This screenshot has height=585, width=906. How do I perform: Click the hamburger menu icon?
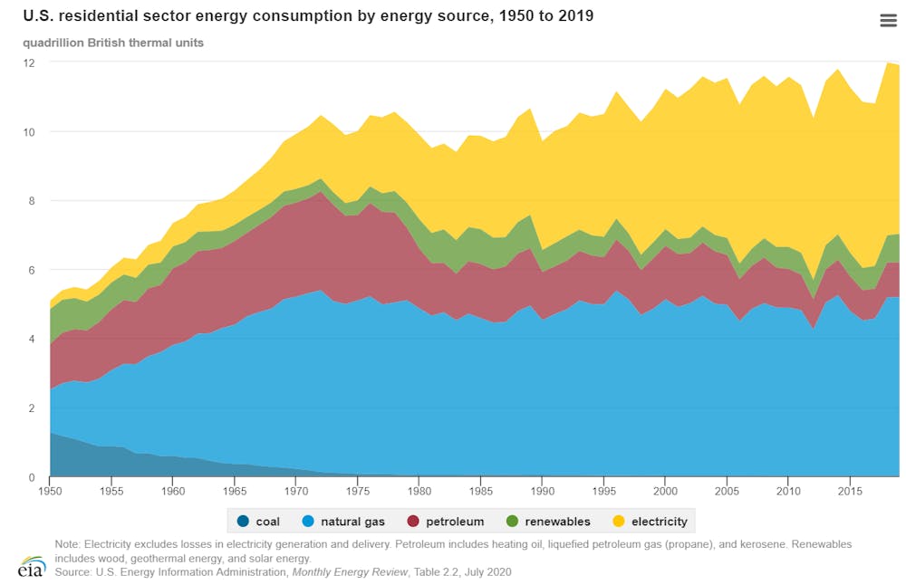click(888, 21)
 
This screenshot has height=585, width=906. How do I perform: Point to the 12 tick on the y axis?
click(29, 62)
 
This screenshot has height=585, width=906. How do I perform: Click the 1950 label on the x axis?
click(50, 492)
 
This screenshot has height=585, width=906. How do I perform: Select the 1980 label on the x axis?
click(419, 492)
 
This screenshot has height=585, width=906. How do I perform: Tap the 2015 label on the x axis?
click(850, 492)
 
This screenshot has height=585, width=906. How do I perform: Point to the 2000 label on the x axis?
click(665, 492)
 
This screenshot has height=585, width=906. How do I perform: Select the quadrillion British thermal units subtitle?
click(113, 43)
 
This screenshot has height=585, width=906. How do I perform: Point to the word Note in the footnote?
click(67, 544)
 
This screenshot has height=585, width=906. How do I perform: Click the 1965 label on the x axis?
click(235, 492)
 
